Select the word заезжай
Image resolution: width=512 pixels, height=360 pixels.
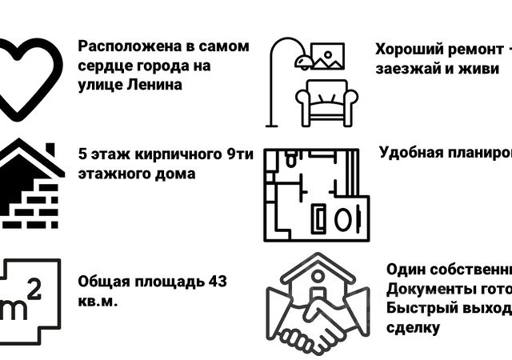(409, 68)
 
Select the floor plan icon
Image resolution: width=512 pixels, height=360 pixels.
(316, 194)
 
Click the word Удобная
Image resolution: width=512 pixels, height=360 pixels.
(413, 153)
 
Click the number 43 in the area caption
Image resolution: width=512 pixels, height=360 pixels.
(217, 282)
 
